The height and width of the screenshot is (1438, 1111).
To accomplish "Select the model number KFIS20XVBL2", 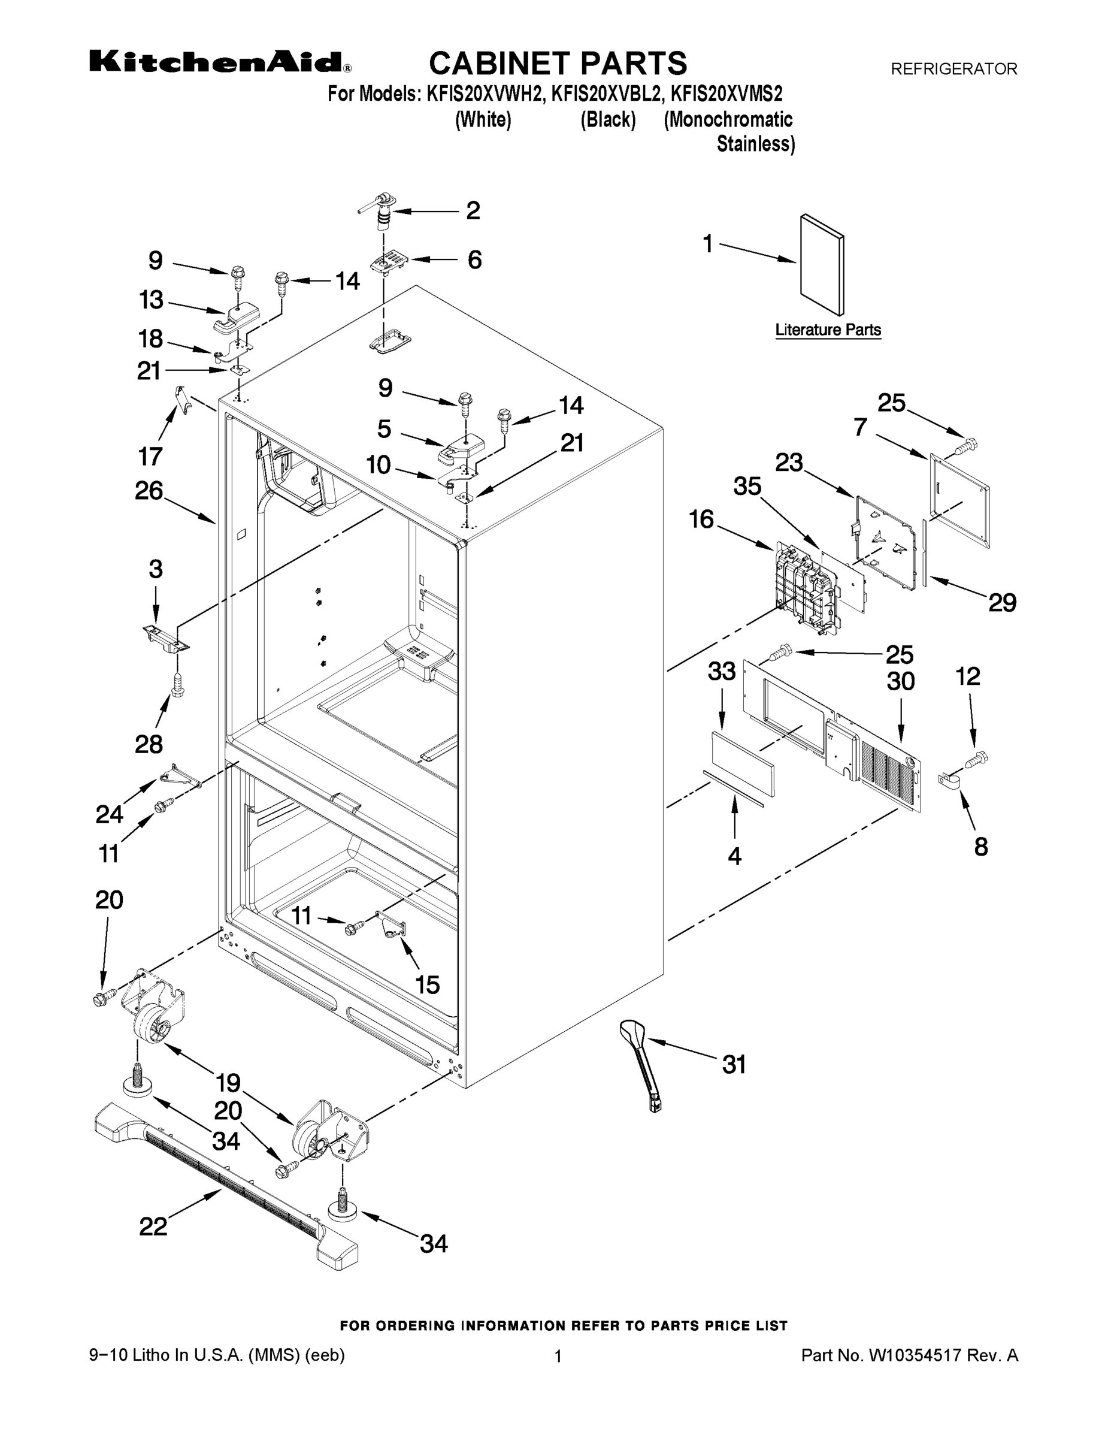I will pyautogui.click(x=606, y=94).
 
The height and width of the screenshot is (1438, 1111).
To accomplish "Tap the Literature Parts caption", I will pyautogui.click(x=827, y=330).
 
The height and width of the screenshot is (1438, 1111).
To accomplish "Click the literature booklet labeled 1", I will pyautogui.click(x=821, y=264).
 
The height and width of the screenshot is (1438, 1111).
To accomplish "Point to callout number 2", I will pyautogui.click(x=473, y=211).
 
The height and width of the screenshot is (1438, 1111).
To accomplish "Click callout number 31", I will pyautogui.click(x=734, y=1064).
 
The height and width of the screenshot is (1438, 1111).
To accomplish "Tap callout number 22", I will pyautogui.click(x=153, y=1226).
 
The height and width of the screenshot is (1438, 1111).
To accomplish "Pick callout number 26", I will pyautogui.click(x=149, y=491).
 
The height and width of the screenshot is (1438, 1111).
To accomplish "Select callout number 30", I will pyautogui.click(x=900, y=681).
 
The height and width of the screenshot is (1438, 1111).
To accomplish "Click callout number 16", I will pyautogui.click(x=701, y=519).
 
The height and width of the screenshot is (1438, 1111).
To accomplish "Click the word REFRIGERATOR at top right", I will pyautogui.click(x=953, y=68).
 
